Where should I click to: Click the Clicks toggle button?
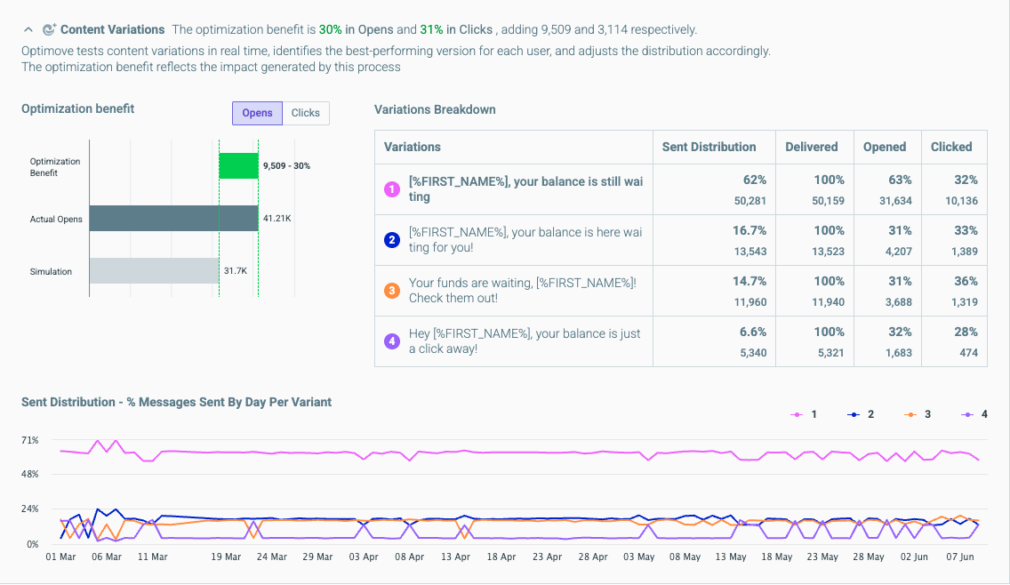[x=305, y=113]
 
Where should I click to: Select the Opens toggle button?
[x=257, y=113]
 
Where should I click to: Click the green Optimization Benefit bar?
[x=238, y=165]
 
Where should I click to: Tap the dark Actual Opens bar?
[x=174, y=219]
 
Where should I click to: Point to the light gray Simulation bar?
[x=154, y=270]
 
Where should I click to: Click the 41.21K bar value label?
[x=277, y=219]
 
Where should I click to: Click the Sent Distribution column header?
[x=709, y=147]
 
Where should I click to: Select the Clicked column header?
[x=951, y=147]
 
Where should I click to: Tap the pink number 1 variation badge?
[x=391, y=188]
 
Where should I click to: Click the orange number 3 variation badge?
[x=391, y=291]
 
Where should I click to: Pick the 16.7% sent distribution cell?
[x=749, y=230]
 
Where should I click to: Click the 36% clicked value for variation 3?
[x=966, y=282]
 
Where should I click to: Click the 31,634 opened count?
[x=895, y=200]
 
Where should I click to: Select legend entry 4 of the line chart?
[x=974, y=414]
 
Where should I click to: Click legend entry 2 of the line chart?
[x=861, y=414]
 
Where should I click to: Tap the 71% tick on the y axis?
[x=29, y=440]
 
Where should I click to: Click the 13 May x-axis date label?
[x=731, y=557]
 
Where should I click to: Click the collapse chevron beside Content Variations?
[x=28, y=29]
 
